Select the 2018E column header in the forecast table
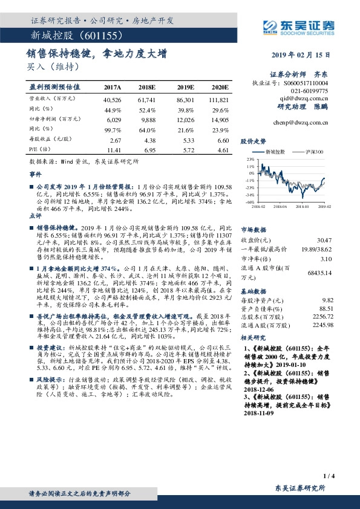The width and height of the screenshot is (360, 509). tap(147, 87)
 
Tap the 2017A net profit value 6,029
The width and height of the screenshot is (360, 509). tap(113, 120)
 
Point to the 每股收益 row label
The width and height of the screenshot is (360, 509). tap(46, 139)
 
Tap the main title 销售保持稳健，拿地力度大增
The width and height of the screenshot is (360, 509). tap(96, 54)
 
